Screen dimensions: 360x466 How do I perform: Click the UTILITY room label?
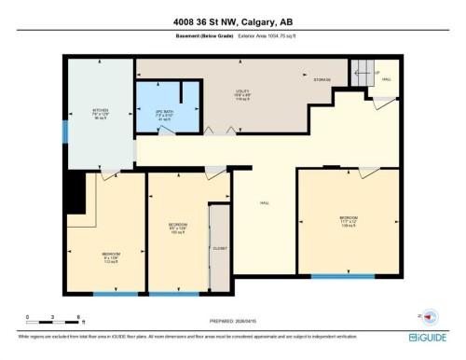pyautogui.click(x=241, y=96)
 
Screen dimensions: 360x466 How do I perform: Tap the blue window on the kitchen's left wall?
pyautogui.click(x=64, y=132)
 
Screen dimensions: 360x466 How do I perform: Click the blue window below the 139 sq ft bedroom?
pyautogui.click(x=342, y=276)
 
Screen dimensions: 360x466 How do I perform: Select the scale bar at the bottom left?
pyautogui.click(x=54, y=320)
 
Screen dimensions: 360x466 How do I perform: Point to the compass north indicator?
pyautogui.click(x=430, y=317)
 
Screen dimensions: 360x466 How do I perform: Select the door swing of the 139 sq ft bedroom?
pyautogui.click(x=368, y=173)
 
